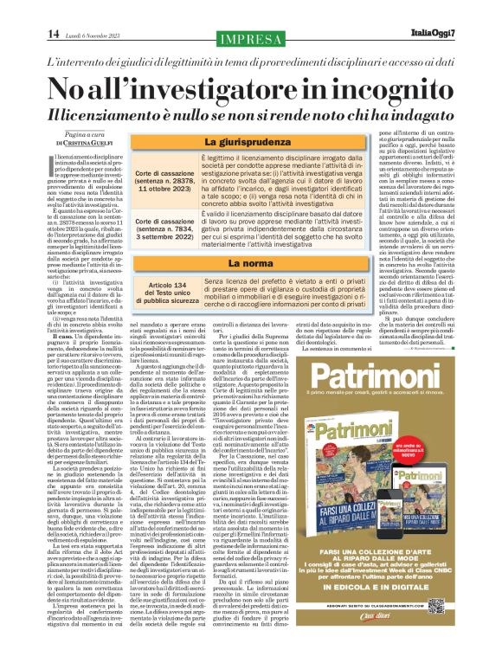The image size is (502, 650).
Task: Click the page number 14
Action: pyautogui.click(x=29, y=34)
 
